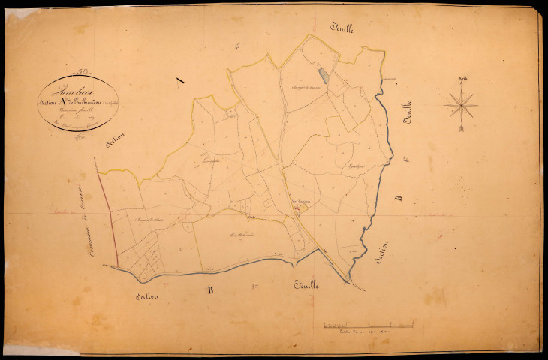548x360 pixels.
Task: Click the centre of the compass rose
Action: (x=460, y=104)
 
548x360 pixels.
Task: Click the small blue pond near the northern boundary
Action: (x=323, y=75)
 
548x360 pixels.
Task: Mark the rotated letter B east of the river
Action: (x=399, y=198)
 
